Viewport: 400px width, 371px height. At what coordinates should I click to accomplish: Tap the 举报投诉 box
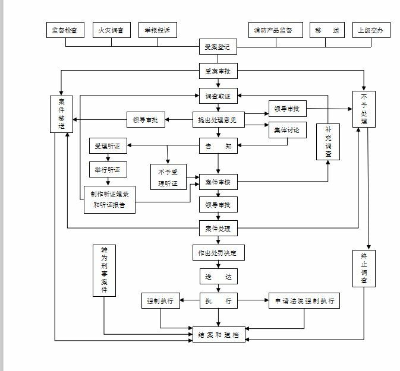coord(158,30)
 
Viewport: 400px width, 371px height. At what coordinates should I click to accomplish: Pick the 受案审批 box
coord(218,72)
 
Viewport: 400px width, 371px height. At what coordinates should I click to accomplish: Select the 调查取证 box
coord(218,95)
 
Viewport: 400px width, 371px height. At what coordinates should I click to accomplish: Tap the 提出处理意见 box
coord(218,120)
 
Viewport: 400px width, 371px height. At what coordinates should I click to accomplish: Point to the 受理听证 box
coord(108,145)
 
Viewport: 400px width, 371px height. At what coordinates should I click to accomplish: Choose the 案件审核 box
coord(218,183)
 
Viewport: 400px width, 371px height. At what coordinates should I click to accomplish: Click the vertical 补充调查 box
coord(328,141)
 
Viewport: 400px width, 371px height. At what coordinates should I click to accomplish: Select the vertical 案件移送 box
coord(61,113)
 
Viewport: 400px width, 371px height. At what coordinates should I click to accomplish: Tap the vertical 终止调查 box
coord(364,268)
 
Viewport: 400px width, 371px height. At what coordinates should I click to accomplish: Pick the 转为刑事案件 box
coord(104,270)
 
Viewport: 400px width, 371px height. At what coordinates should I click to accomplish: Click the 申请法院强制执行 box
coord(304,301)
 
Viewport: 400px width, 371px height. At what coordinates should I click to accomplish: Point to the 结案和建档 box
coord(218,334)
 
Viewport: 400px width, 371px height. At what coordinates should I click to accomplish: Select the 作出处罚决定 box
coord(218,252)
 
